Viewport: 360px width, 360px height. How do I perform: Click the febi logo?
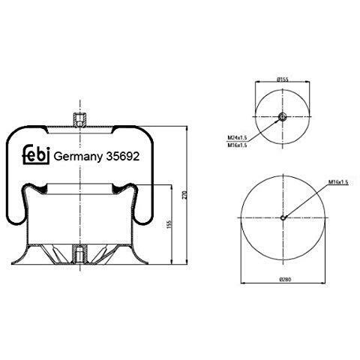(x=36, y=154)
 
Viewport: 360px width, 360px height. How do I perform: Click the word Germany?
(x=78, y=157)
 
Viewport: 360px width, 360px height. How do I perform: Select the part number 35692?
(x=123, y=157)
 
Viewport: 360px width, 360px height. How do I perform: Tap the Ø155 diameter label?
(x=283, y=79)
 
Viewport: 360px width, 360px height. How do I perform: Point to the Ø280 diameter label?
(x=285, y=280)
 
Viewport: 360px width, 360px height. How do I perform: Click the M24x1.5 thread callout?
(x=237, y=137)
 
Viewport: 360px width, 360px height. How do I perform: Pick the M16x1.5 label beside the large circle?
(x=338, y=182)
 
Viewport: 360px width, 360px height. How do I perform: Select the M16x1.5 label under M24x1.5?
(x=237, y=145)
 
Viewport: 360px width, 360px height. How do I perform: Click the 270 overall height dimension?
(x=185, y=195)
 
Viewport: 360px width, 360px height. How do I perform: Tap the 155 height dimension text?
(x=169, y=224)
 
